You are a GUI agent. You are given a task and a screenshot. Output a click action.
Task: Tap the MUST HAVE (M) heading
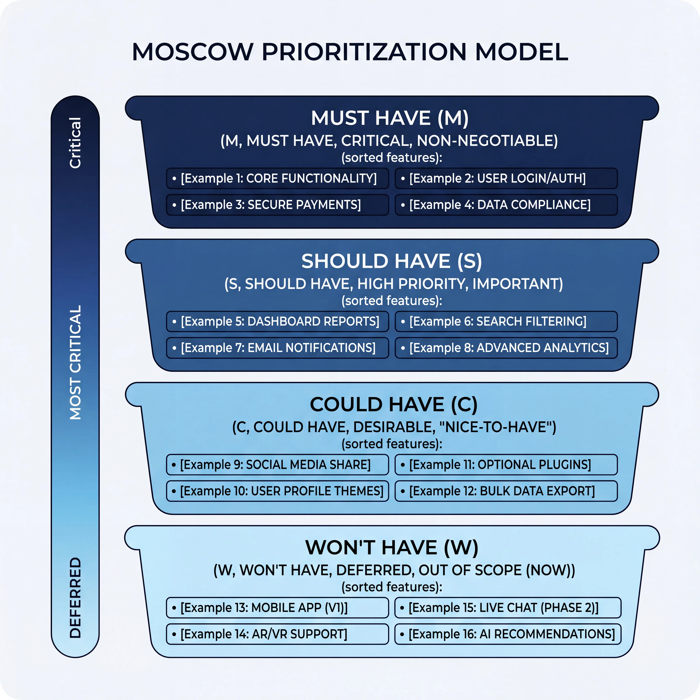click(390, 118)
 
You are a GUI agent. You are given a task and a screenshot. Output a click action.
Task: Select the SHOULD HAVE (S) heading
click(392, 261)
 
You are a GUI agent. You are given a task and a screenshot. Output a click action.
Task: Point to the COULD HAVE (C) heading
click(393, 404)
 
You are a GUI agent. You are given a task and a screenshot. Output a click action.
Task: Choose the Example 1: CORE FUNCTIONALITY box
click(278, 178)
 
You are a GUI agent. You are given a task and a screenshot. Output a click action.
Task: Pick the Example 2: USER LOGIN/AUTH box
click(506, 178)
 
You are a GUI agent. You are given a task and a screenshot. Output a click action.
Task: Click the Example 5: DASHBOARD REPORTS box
click(278, 321)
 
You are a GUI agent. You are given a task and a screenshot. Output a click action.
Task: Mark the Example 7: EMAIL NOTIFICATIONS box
click(278, 348)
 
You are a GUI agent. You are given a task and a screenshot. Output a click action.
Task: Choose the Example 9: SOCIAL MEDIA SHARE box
click(278, 465)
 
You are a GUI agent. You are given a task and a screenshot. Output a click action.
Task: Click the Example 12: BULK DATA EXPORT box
click(506, 491)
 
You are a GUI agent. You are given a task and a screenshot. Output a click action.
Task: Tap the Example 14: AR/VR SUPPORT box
click(278, 634)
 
